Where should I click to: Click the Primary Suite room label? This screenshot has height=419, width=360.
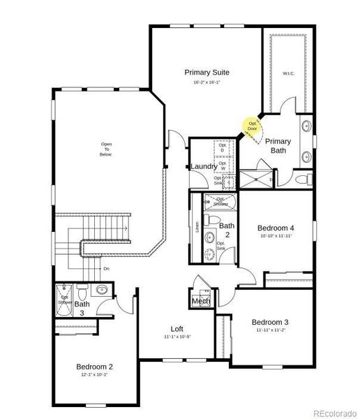[207, 72]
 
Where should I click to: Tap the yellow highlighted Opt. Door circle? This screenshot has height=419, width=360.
[252, 126]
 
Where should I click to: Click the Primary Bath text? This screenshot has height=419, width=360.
[278, 145]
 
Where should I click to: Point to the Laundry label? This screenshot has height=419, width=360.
[203, 167]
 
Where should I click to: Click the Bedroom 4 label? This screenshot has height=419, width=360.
[276, 228]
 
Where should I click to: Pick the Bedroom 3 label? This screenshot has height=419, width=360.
[271, 322]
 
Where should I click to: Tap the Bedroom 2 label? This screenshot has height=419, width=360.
[94, 366]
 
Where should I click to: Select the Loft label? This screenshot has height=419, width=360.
[178, 329]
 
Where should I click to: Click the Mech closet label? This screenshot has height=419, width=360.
[201, 301]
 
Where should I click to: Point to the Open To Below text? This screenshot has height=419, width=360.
[106, 149]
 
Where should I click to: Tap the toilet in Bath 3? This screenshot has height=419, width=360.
[82, 291]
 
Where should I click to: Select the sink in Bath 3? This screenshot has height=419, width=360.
[102, 289]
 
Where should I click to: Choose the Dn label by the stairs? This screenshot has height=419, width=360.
[106, 268]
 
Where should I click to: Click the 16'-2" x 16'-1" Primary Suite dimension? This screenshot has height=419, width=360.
[207, 83]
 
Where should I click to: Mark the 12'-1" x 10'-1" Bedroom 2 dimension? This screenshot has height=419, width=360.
[94, 375]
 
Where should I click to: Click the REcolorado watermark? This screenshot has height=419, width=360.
[333, 411]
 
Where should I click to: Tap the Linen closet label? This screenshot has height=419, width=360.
[197, 228]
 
